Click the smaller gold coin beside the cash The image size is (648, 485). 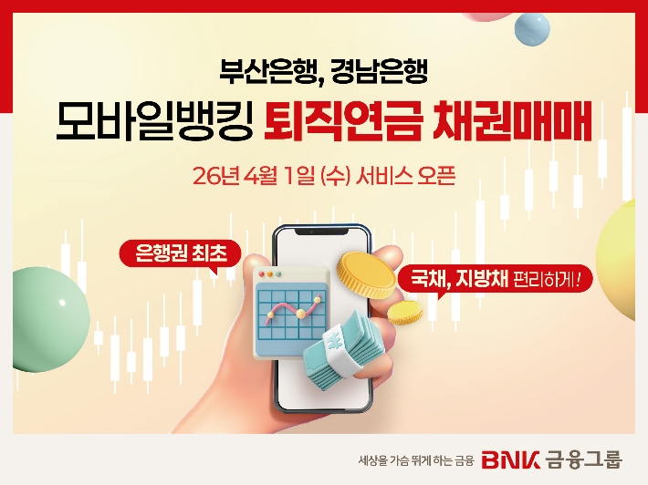click(404, 313)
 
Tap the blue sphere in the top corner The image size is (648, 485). click(533, 28)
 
